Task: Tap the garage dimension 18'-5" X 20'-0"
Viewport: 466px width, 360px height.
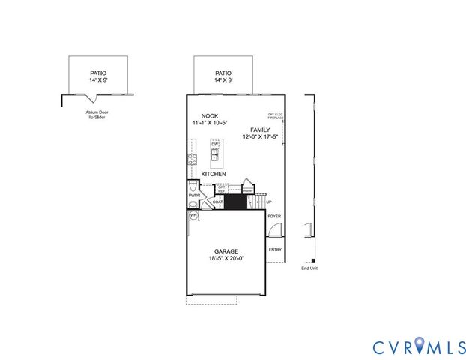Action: click(226, 259)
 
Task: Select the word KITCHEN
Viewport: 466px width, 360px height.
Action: click(214, 174)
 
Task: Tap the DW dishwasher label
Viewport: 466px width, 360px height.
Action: click(214, 145)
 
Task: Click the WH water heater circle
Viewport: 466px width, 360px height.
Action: click(193, 215)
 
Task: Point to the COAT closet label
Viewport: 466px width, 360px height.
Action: click(217, 202)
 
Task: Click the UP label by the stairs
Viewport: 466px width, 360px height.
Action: click(268, 202)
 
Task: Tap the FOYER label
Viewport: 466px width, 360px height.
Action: click(275, 217)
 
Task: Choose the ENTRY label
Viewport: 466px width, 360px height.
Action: click(275, 250)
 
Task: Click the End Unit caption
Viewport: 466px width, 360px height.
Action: click(309, 268)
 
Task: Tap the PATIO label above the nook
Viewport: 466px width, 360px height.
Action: click(223, 73)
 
